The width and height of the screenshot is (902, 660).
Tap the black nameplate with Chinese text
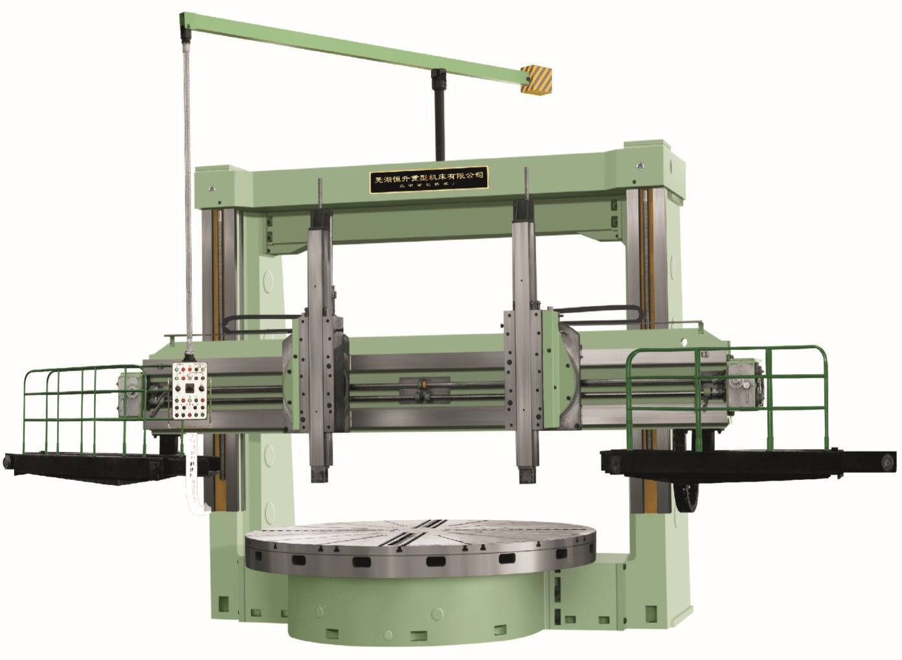point(428,178)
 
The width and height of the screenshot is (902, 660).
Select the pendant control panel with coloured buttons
point(189,394)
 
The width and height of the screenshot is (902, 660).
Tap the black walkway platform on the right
point(745,460)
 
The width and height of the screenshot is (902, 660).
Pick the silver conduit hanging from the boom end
point(189,194)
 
